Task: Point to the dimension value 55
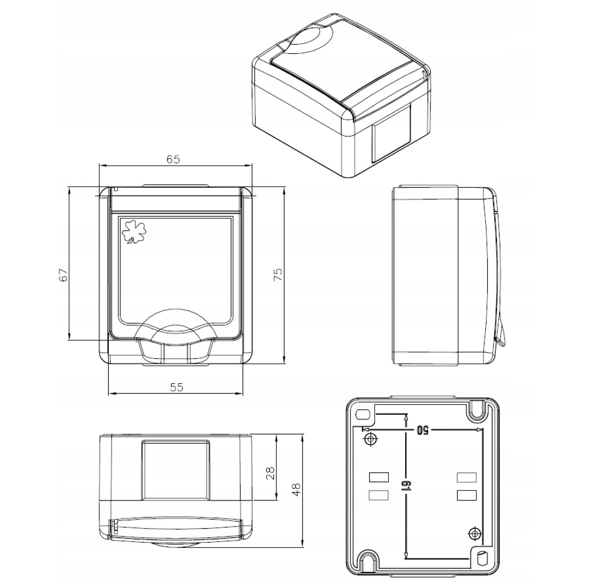(176, 388)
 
